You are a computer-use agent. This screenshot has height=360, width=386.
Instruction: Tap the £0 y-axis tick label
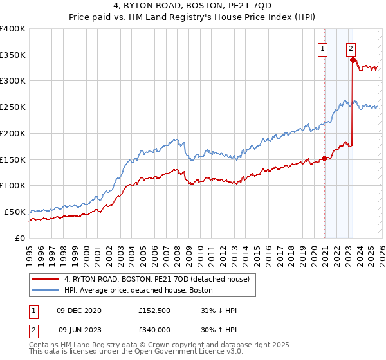click(20, 238)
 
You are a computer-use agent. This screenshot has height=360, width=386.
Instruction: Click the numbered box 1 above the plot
click(322, 47)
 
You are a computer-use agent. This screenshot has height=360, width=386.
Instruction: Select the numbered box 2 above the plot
click(351, 47)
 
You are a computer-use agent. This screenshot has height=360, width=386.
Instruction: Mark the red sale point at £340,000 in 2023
click(353, 60)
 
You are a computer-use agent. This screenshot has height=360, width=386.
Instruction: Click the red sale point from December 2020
click(324, 158)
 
